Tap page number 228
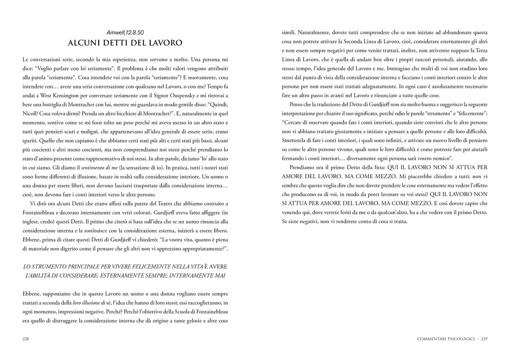[26, 338]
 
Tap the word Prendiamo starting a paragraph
[304, 167]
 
